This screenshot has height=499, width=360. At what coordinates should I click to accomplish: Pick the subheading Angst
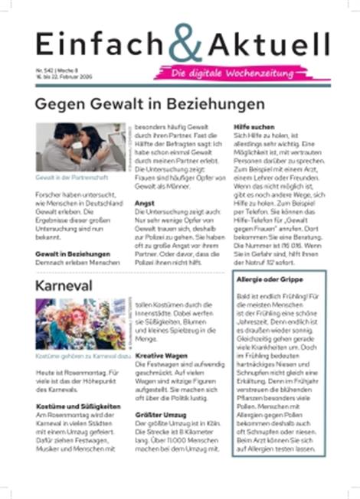tap(145, 204)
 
